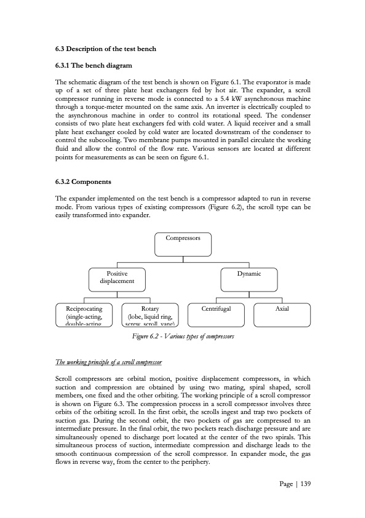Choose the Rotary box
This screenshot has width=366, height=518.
tap(150, 313)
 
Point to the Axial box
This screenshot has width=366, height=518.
tap(282, 313)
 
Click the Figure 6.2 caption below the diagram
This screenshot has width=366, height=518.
tap(183, 337)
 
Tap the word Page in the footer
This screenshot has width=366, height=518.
tap(285, 484)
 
